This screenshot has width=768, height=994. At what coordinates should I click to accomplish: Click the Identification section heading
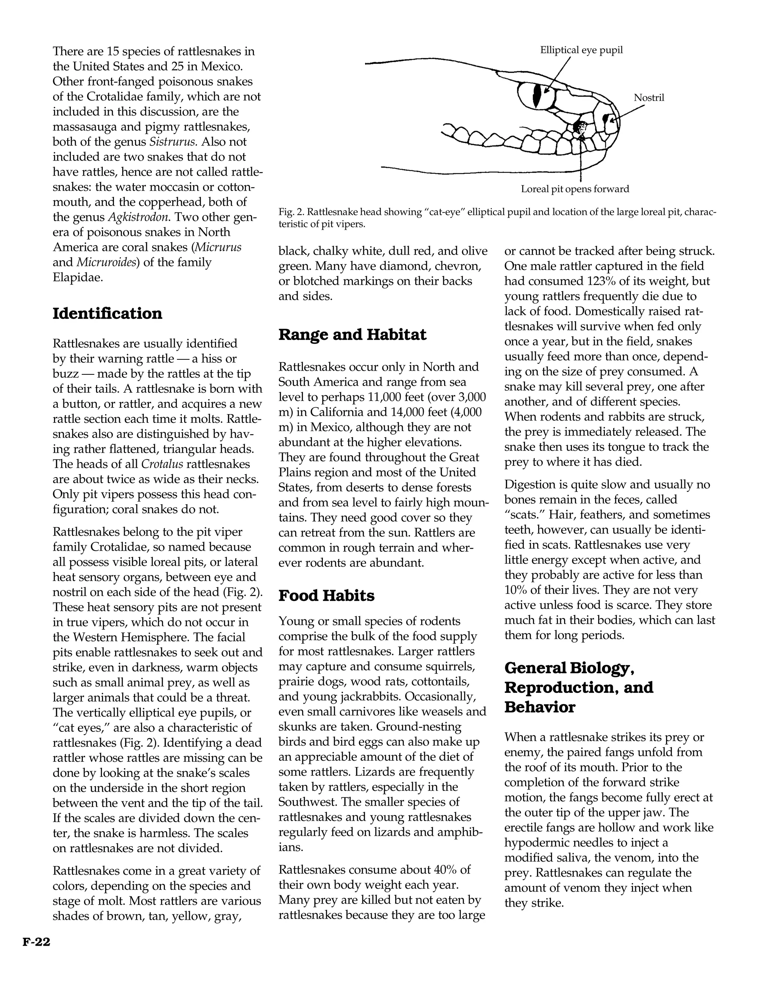tap(107, 314)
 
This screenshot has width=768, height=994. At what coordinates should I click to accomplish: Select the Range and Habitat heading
tap(352, 335)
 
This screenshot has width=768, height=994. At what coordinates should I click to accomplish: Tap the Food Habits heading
tap(326, 595)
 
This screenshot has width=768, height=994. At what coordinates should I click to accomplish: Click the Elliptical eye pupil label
tap(581, 50)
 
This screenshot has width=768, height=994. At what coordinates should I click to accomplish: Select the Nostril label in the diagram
tap(649, 98)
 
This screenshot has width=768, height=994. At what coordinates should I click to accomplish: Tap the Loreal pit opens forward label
tap(574, 189)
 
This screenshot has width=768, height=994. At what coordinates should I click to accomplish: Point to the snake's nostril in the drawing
tap(606, 119)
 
